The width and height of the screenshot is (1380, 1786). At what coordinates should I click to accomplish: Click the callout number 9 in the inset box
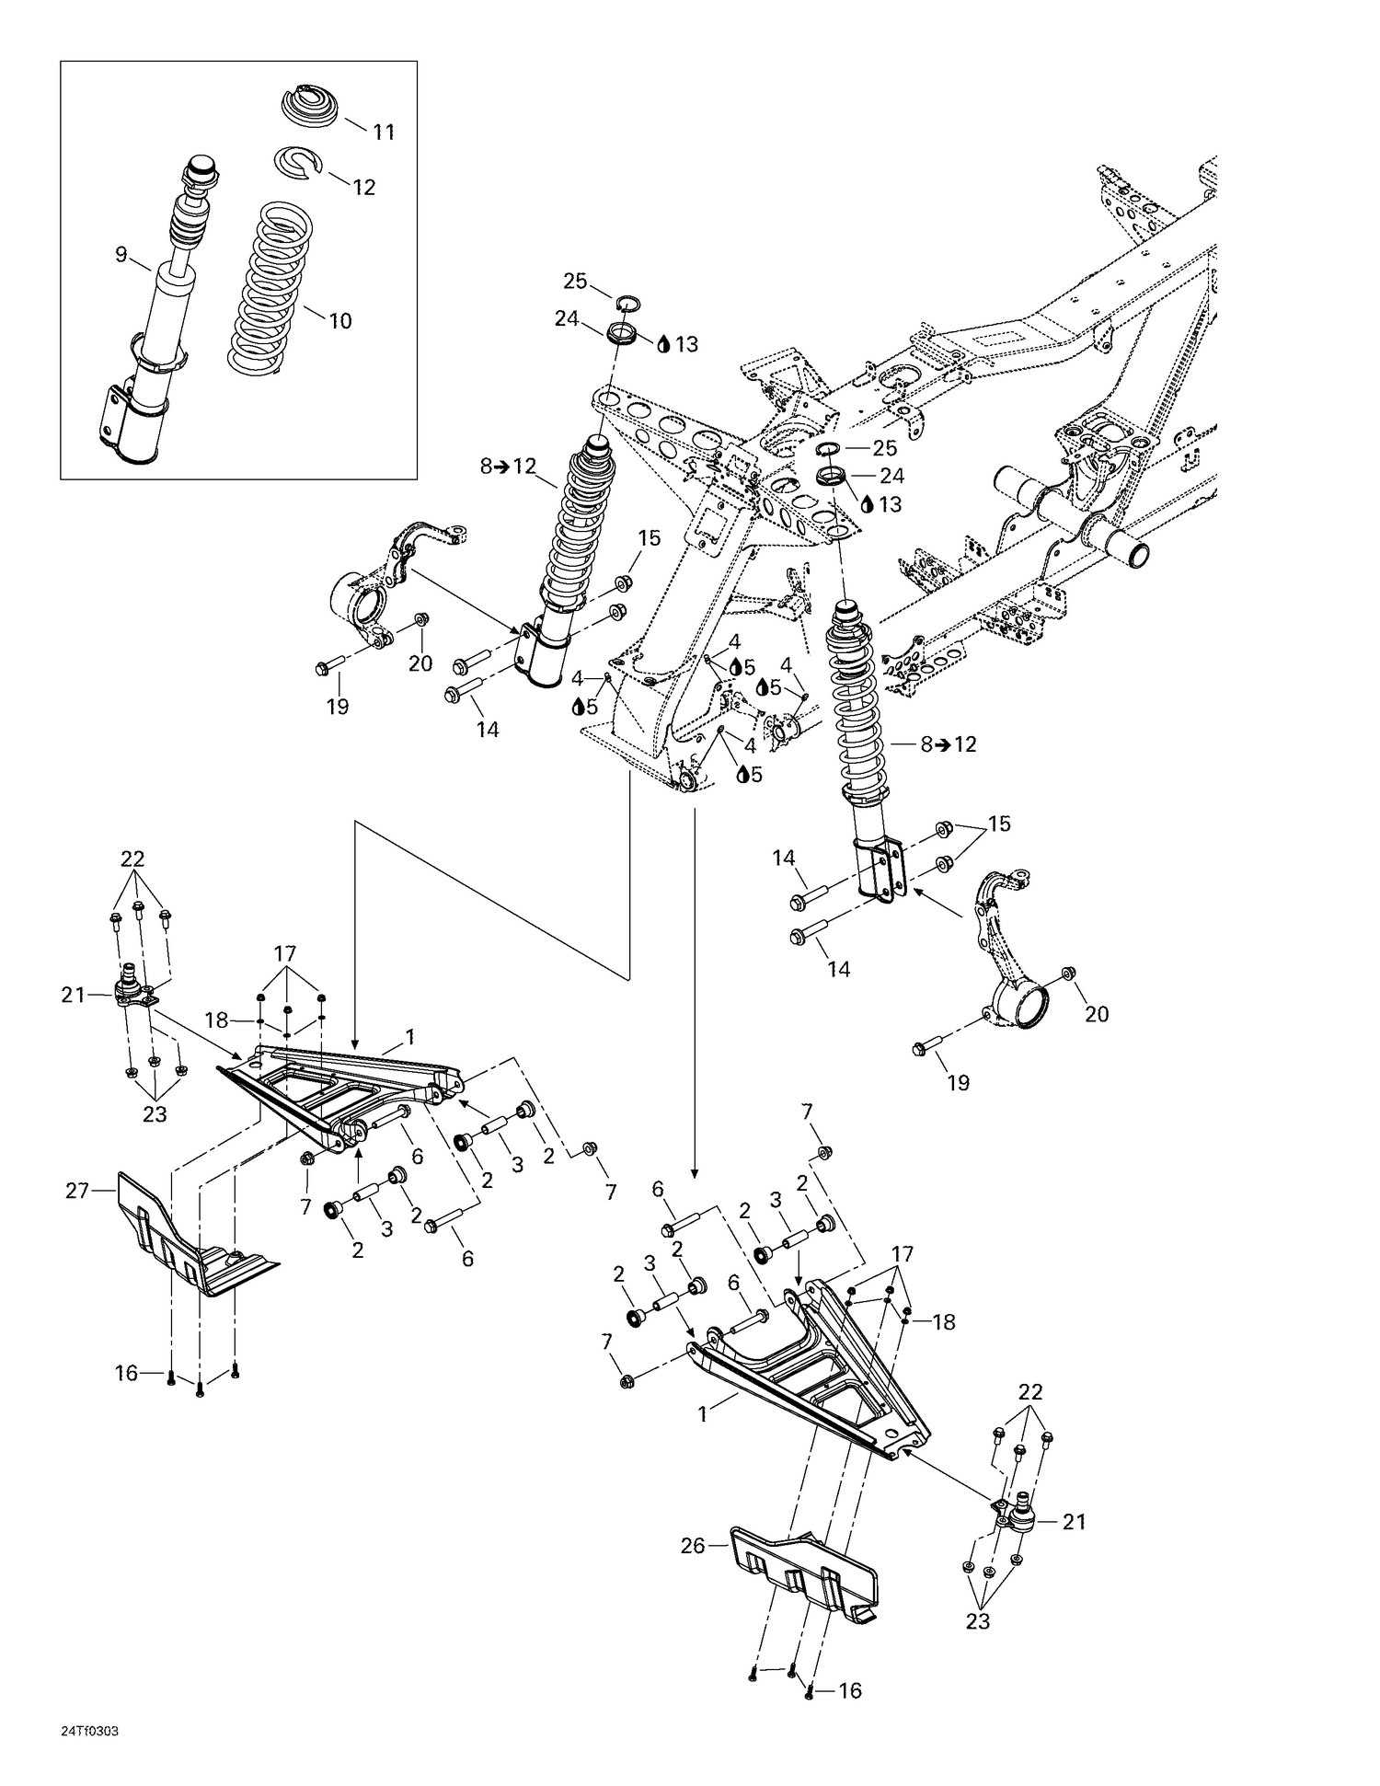click(121, 255)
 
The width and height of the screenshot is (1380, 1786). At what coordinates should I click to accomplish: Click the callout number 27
click(77, 1191)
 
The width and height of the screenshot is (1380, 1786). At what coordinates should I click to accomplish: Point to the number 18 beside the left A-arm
click(216, 1020)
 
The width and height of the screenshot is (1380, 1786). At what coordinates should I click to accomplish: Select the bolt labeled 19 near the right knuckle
click(925, 1046)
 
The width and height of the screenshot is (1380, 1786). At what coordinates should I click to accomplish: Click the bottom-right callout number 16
click(850, 1690)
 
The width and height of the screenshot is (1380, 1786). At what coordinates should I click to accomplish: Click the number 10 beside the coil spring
click(340, 321)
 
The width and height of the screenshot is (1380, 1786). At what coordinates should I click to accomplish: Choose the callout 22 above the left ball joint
click(132, 858)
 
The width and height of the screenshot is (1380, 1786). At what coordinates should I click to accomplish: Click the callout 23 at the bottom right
click(977, 1620)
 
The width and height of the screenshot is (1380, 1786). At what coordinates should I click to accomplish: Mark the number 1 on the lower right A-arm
click(703, 1414)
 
